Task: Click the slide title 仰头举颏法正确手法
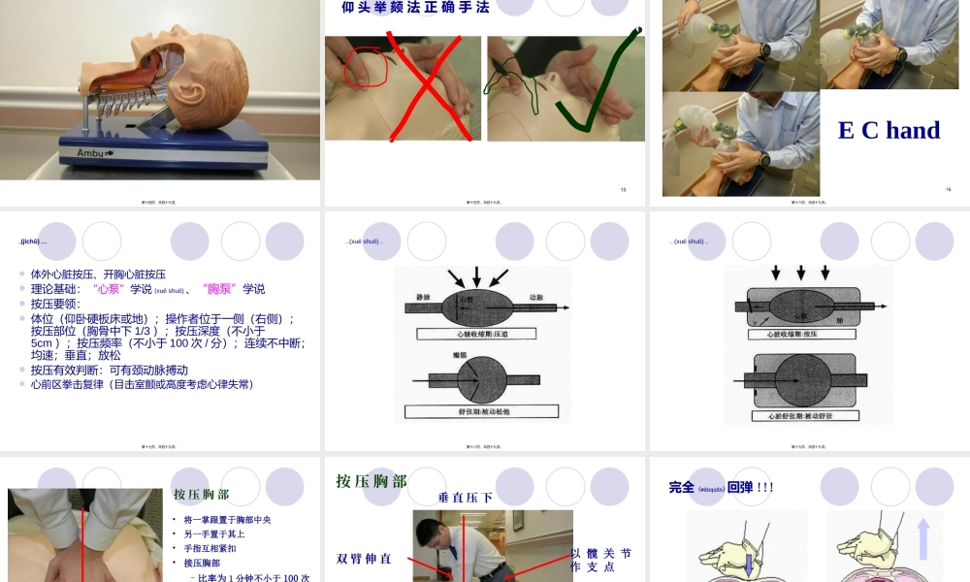415,8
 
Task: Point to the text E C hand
889,130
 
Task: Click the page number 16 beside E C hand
948,189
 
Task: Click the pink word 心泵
108,289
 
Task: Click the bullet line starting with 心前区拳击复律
142,384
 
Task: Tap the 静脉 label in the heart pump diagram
423,296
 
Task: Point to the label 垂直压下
466,498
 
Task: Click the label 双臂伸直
365,559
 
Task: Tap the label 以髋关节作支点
600,560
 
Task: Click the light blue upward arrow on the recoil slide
922,539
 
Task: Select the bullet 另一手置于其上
214,533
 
